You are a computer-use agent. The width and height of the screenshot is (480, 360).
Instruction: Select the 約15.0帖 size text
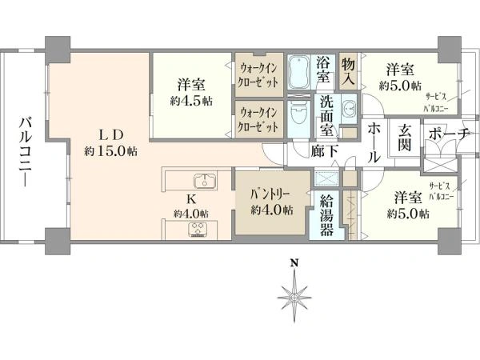click(110, 150)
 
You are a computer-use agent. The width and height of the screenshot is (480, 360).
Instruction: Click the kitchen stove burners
click(198, 228)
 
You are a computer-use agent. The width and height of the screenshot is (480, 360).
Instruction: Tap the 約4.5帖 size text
click(191, 102)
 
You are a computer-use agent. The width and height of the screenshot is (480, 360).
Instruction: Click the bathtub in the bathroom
click(299, 73)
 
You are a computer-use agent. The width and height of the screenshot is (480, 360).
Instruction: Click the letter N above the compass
click(294, 263)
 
